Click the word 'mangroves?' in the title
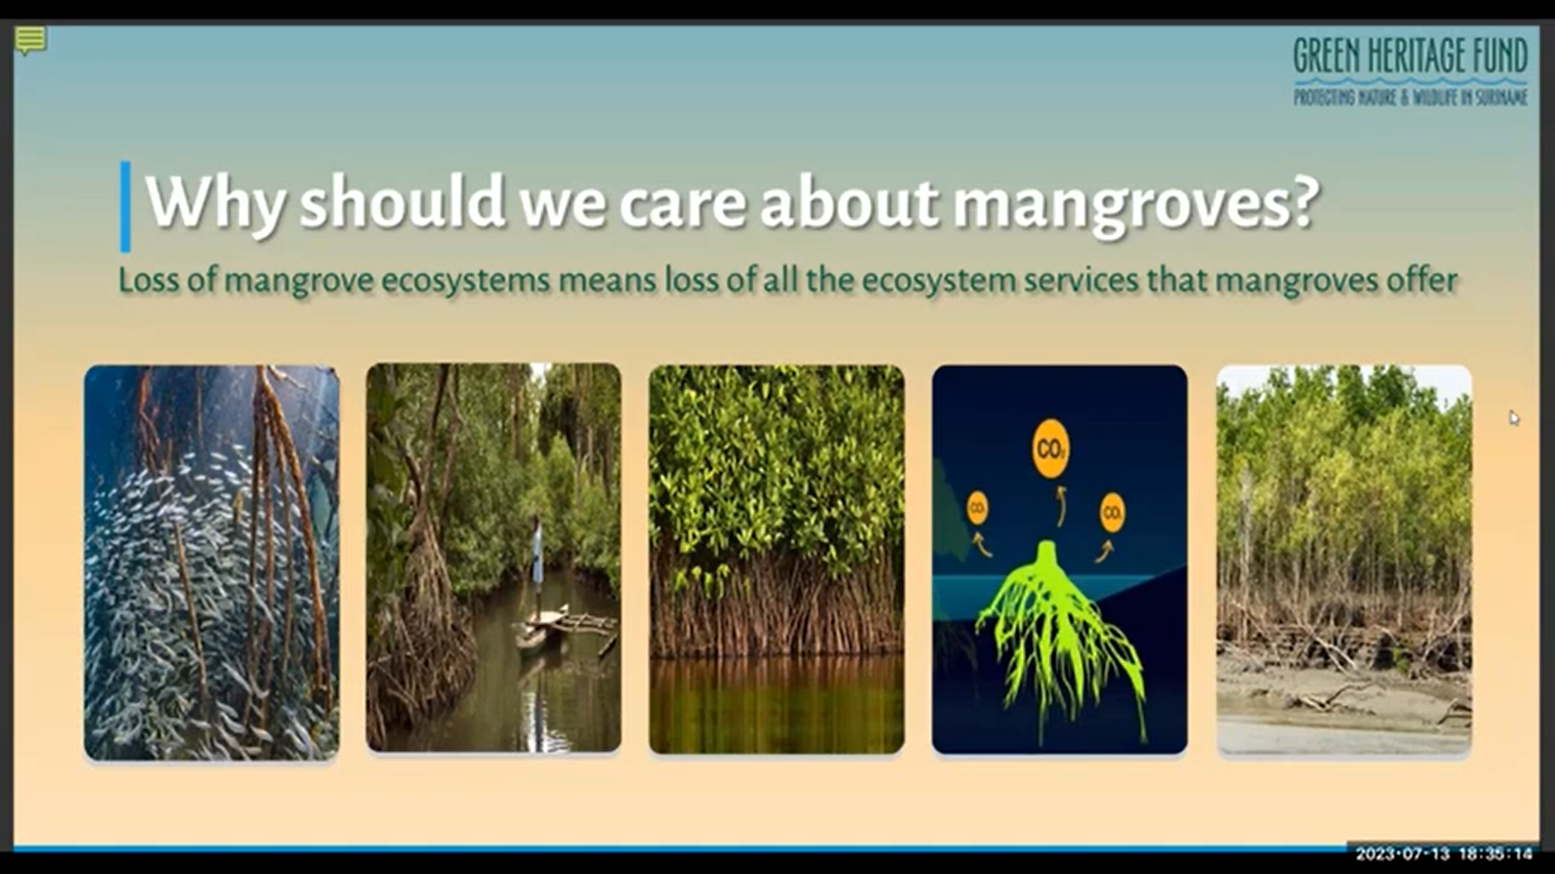click(1136, 203)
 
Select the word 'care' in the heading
click(682, 203)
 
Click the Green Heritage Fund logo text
click(1410, 55)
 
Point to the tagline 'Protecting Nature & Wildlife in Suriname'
click(1410, 97)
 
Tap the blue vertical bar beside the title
click(126, 206)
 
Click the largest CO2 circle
click(1050, 448)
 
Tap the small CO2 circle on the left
click(978, 509)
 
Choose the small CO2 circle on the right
click(1112, 512)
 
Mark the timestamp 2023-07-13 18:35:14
click(1444, 853)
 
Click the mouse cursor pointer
click(1514, 418)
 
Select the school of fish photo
click(211, 562)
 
